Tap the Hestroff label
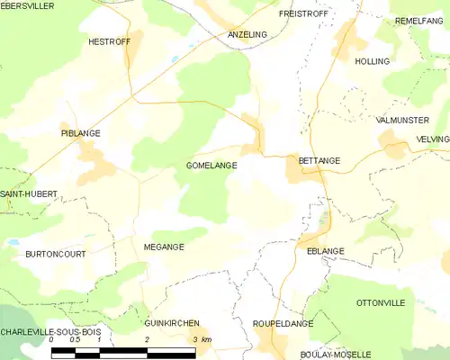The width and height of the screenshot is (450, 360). point(109,41)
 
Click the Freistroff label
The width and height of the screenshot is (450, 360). point(301,14)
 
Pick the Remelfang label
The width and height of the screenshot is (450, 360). point(418,20)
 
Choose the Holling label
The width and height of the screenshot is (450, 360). point(373,61)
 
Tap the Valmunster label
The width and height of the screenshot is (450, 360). point(402,119)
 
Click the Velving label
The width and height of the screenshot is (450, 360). point(432,139)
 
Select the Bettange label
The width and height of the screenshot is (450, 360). point(319,161)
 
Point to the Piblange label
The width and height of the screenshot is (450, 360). point(80,133)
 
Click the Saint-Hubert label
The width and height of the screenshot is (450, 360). point(29,193)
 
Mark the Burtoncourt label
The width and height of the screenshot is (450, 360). point(56,255)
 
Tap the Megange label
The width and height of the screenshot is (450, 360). point(164,247)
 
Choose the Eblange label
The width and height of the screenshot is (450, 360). point(326,251)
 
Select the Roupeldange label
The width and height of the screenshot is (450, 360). point(283,322)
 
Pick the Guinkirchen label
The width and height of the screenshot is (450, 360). point(172,322)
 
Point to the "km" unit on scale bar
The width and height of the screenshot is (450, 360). point(206,339)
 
